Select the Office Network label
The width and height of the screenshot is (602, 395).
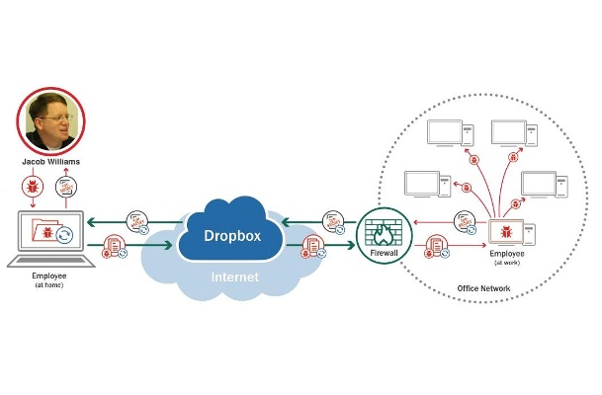(x=484, y=287)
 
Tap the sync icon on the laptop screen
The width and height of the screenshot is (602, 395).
(x=65, y=237)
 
